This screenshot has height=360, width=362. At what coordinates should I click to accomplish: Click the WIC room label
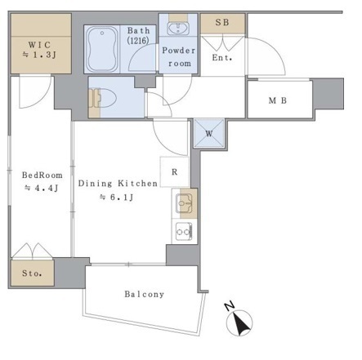[x=40, y=44]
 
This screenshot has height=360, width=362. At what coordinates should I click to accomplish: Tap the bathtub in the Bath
[x=102, y=49]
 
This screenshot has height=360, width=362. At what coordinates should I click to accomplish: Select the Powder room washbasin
[x=178, y=29]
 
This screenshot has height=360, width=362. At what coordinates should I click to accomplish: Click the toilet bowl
[x=104, y=98]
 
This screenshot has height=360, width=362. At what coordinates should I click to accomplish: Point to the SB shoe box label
[x=222, y=22]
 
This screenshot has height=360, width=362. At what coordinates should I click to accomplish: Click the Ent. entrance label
[x=222, y=58]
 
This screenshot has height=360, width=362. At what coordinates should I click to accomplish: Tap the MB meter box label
[x=278, y=100]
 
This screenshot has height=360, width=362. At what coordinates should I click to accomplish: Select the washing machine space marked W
[x=209, y=133]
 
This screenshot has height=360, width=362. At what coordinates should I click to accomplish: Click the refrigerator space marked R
[x=175, y=172]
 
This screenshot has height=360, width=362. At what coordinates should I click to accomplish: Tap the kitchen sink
[x=184, y=203]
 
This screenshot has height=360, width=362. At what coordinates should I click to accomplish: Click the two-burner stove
[x=184, y=232]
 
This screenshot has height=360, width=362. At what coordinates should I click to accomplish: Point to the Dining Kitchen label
[x=118, y=184]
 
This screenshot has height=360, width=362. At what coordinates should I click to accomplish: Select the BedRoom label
[x=42, y=175]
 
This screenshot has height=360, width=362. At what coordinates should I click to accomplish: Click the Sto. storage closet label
[x=32, y=273]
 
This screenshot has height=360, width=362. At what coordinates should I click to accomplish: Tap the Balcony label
[x=145, y=294]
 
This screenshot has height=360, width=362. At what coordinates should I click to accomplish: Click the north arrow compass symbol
[x=239, y=322]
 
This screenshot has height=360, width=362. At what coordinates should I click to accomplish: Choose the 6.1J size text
[x=116, y=197]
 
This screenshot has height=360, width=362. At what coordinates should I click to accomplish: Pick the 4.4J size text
[x=42, y=188]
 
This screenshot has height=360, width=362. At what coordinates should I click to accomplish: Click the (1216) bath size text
[x=138, y=40]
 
